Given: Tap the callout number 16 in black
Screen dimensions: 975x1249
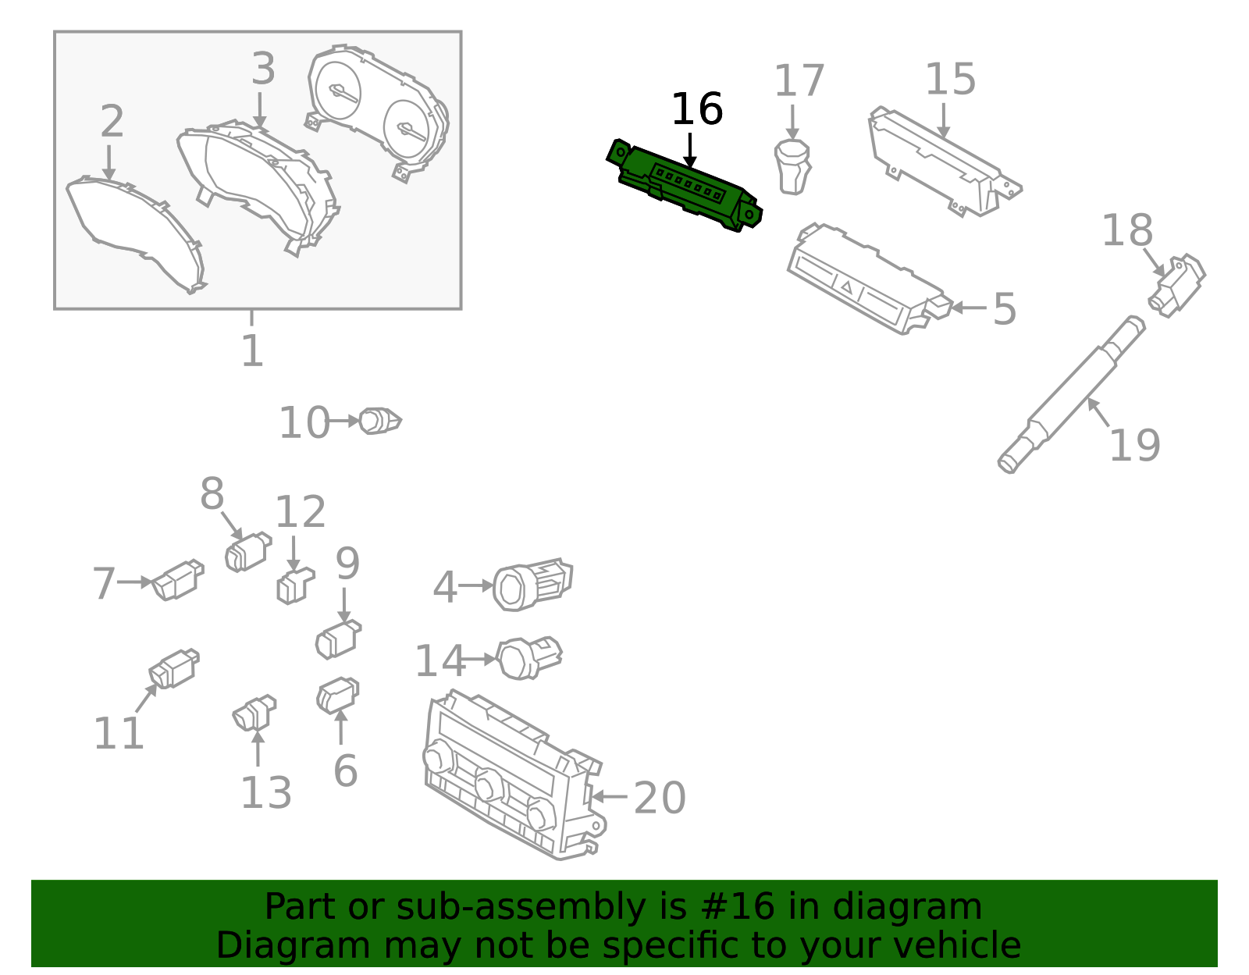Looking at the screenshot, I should tap(696, 109).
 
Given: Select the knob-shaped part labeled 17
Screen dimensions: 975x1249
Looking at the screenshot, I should tap(792, 165).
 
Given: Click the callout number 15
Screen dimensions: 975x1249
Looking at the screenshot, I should tap(950, 80).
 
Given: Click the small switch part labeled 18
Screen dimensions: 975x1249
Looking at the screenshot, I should tap(1177, 285).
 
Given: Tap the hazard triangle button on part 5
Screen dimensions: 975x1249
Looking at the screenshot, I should tap(847, 287).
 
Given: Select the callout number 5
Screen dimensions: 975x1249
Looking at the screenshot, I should tap(1005, 309).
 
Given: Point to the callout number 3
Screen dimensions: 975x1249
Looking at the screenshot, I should tap(263, 69).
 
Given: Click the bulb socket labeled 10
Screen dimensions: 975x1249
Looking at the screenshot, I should tap(379, 421).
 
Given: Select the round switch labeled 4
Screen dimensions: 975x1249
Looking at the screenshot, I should tap(531, 585).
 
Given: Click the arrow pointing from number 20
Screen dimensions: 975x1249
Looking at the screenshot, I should tap(610, 796).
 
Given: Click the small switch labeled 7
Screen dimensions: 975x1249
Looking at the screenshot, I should tap(178, 581).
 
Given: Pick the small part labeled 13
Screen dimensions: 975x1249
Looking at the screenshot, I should tap(254, 713).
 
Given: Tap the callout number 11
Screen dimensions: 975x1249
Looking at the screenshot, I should tap(118, 734).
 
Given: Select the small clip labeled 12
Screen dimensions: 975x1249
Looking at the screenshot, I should tap(294, 586).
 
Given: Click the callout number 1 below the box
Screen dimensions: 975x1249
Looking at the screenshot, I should tap(251, 351).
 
